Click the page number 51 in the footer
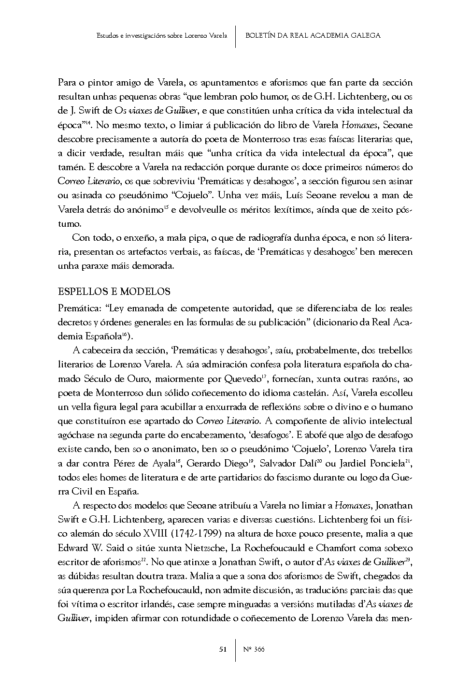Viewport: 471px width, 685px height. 223,649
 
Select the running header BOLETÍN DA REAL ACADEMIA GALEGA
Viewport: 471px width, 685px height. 313,35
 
